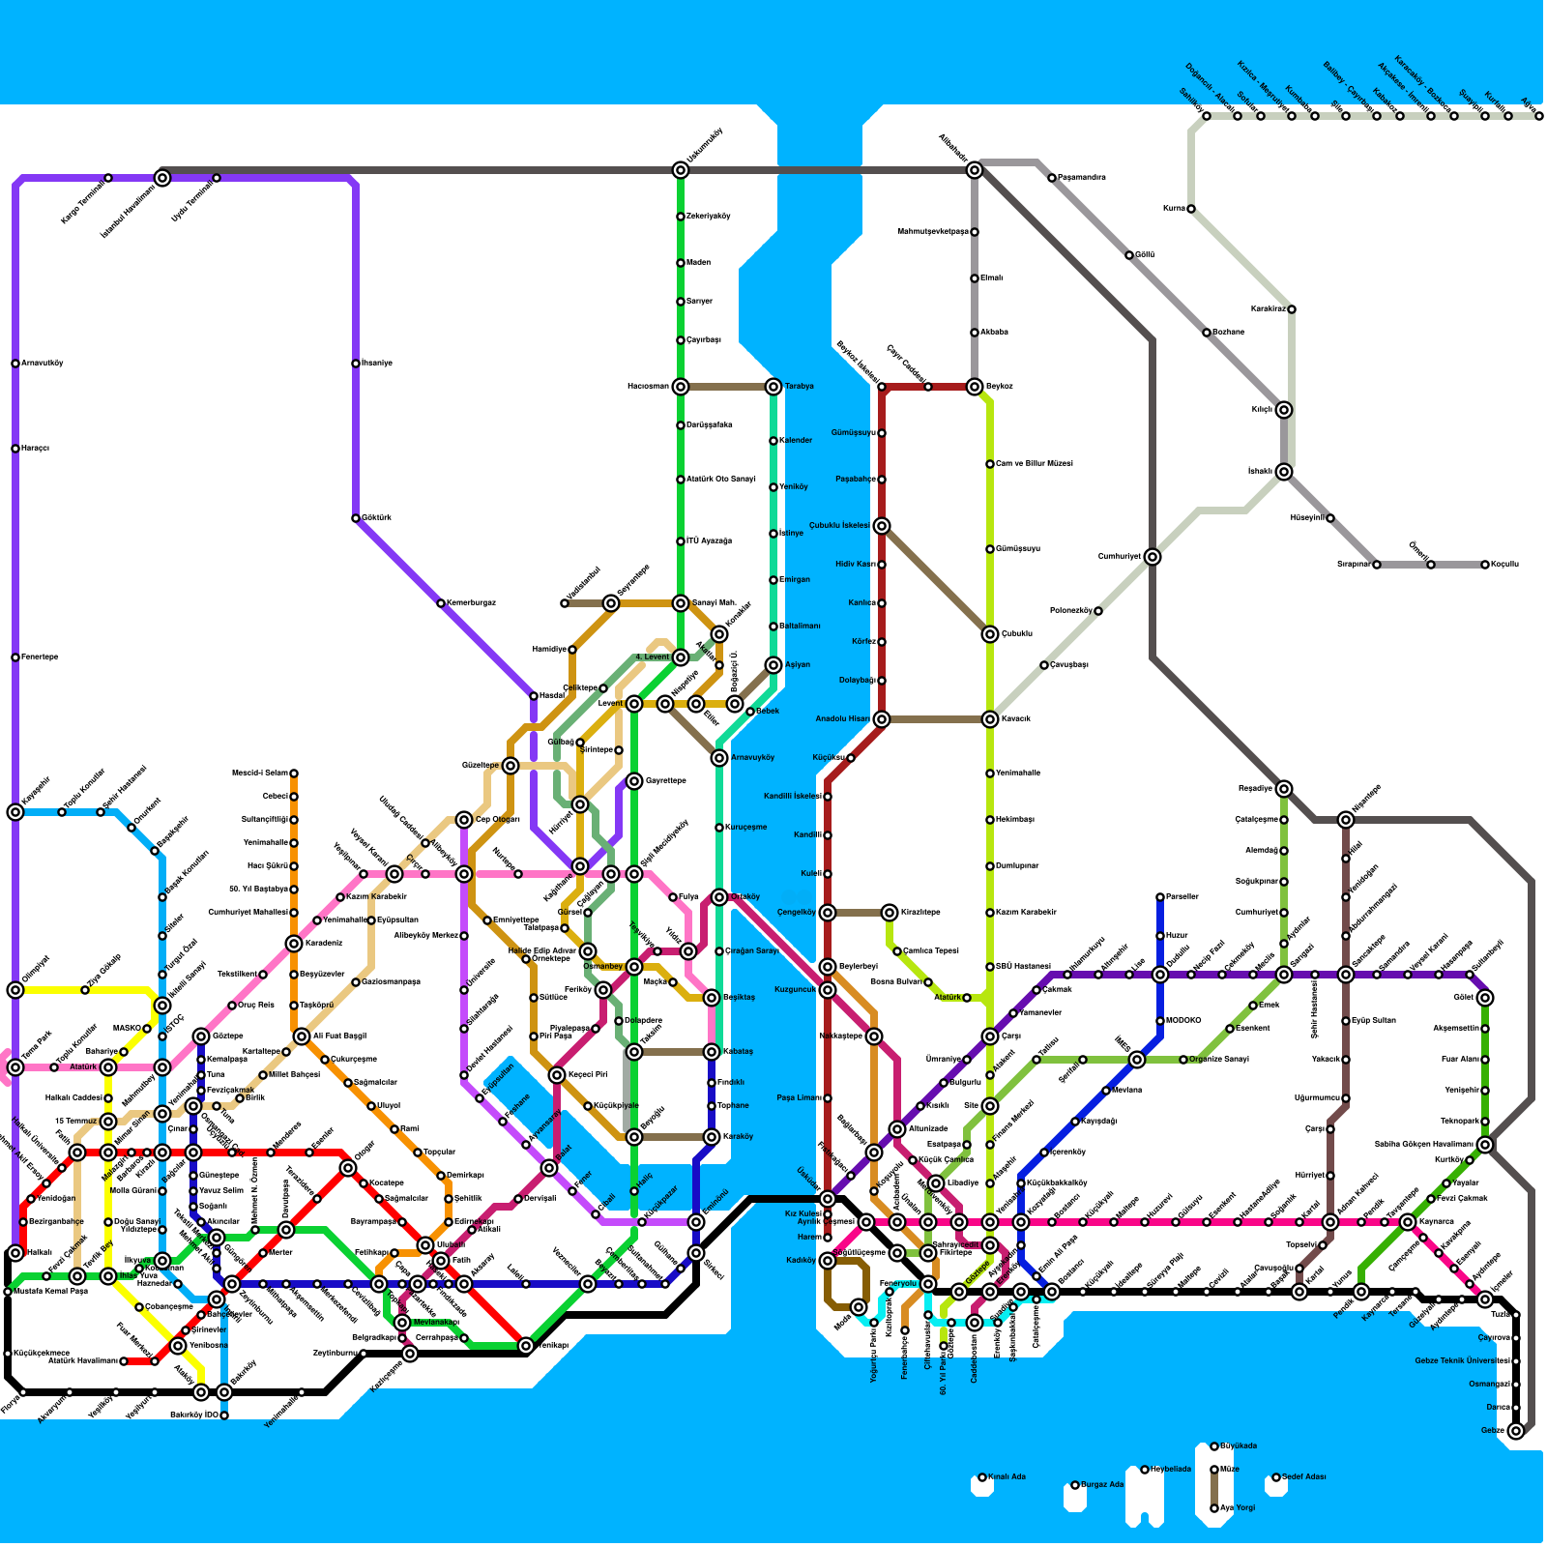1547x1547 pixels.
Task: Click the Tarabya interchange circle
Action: click(773, 387)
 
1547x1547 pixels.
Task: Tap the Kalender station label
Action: click(796, 441)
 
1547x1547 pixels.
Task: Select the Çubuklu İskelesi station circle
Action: click(882, 526)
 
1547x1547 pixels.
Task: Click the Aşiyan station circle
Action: click(773, 665)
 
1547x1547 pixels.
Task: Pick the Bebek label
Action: click(768, 712)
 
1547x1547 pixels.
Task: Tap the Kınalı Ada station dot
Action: click(982, 1477)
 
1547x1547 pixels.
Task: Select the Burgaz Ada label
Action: click(1102, 1485)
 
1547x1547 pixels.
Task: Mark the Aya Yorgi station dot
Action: click(1214, 1508)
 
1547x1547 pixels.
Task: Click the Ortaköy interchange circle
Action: click(719, 897)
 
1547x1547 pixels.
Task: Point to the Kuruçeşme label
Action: click(745, 828)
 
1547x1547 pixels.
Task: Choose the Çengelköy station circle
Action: click(828, 913)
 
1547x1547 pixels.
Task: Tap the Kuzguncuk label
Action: click(796, 990)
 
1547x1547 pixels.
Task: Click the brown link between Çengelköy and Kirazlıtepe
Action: click(859, 913)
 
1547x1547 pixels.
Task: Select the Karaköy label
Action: click(738, 1137)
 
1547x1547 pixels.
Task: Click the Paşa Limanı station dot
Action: click(828, 1098)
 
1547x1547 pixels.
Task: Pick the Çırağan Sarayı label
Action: click(753, 951)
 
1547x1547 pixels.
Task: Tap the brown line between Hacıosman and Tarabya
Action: click(727, 387)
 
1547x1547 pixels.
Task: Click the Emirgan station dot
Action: click(773, 580)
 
